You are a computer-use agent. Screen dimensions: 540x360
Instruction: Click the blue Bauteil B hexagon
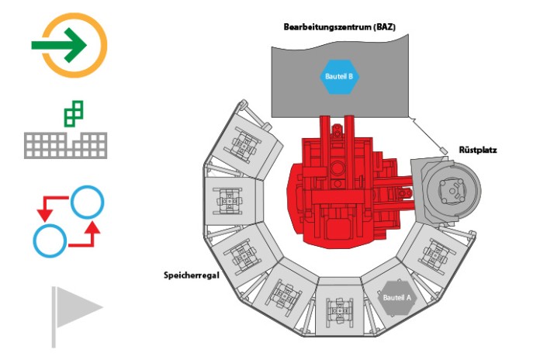339,77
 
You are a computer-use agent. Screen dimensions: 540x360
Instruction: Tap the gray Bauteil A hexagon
396,298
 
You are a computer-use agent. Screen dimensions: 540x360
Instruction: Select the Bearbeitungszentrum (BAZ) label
339,27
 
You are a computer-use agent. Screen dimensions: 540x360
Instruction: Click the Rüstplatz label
478,150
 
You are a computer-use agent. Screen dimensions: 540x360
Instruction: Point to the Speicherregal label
192,275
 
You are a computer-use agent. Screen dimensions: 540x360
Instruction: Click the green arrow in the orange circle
59,45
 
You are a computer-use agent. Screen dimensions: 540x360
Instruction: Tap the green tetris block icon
74,114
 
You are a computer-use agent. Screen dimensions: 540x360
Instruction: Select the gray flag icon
77,317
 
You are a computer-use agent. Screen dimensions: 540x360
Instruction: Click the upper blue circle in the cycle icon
87,202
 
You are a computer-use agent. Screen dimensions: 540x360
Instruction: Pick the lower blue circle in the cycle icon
50,241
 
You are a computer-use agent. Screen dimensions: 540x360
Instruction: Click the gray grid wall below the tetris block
65,145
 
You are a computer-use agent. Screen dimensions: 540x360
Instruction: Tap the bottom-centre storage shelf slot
339,306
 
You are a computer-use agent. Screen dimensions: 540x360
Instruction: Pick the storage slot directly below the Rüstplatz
436,254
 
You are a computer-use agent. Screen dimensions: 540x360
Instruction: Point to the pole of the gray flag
54,317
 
